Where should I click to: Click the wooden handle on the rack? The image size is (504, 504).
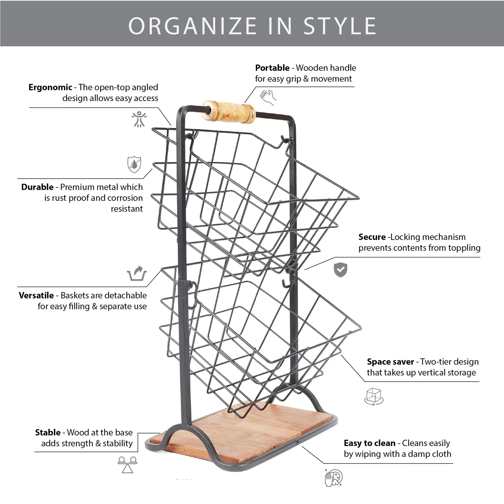[228, 112]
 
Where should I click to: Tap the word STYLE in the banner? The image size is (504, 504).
[340, 26]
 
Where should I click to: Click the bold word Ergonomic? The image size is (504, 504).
[50, 87]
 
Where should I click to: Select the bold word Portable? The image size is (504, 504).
[272, 68]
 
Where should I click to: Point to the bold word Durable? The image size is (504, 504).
[37, 187]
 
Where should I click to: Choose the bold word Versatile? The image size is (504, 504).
[36, 295]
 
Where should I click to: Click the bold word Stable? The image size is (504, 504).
[48, 432]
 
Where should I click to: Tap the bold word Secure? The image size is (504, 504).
[372, 237]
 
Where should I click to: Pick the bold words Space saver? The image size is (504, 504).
[390, 361]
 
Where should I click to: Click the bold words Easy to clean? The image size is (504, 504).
[369, 443]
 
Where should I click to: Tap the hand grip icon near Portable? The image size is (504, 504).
[268, 97]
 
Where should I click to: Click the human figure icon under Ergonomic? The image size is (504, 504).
[139, 119]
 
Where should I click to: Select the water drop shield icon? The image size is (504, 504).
[134, 165]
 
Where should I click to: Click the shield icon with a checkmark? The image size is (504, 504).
[340, 270]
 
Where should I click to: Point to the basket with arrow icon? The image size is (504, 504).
[137, 273]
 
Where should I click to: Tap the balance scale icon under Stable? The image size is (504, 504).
[127, 465]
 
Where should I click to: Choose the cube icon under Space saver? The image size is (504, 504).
[373, 396]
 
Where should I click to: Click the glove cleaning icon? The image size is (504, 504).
[333, 477]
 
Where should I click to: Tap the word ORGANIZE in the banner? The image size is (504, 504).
[192, 26]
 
